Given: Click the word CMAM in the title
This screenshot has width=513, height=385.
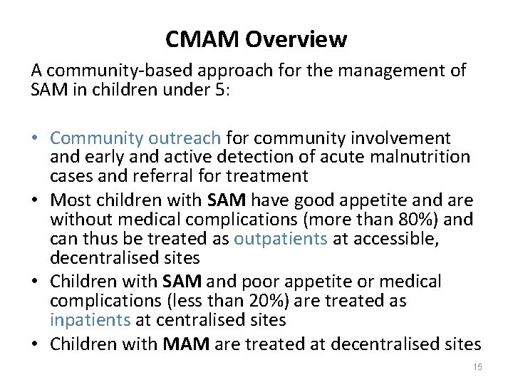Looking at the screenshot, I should pyautogui.click(x=202, y=39).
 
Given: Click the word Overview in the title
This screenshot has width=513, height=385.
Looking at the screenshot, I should pyautogui.click(x=296, y=39).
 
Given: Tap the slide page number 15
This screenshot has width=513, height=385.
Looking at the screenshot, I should pyautogui.click(x=477, y=366).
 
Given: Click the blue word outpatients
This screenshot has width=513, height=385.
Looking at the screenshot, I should pyautogui.click(x=281, y=237).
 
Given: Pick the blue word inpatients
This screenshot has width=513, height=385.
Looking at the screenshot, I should pyautogui.click(x=90, y=320).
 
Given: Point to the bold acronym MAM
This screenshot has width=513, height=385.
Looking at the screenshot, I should pyautogui.click(x=186, y=344).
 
